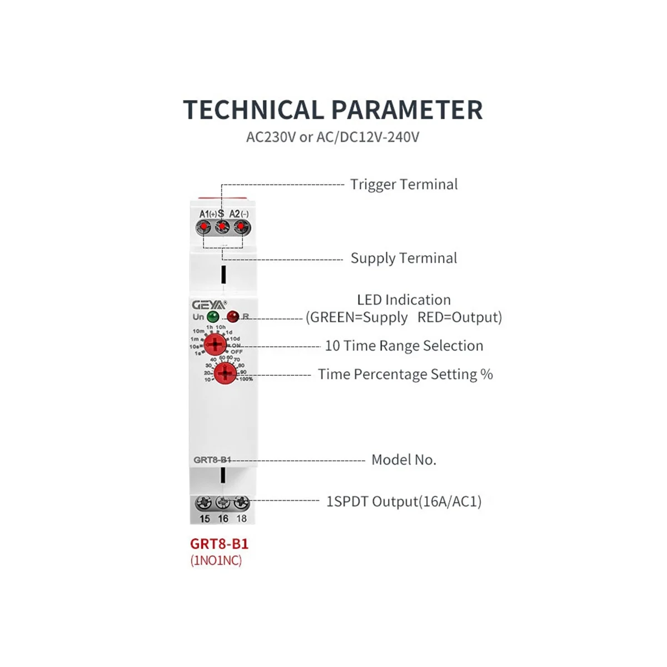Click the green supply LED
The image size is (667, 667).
tap(212, 317)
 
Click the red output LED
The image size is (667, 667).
tap(232, 317)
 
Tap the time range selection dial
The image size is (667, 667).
tap(215, 345)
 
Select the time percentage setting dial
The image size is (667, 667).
tap(225, 374)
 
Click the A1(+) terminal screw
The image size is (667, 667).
tap(204, 227)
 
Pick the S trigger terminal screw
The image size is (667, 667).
tap(222, 227)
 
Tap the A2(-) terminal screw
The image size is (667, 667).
tap(241, 227)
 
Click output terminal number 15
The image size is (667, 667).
tap(204, 504)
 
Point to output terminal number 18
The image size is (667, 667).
tap(241, 504)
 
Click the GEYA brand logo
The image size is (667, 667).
tap(208, 305)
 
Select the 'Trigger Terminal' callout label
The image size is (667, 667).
tap(404, 185)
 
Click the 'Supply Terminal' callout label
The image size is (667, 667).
tap(404, 258)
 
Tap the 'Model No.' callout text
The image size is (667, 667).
tap(404, 460)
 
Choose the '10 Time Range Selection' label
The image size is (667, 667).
tap(404, 346)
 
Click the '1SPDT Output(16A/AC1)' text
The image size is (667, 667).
tap(404, 502)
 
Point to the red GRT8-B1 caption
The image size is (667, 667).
tap(219, 544)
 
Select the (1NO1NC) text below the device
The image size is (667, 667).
tap(216, 560)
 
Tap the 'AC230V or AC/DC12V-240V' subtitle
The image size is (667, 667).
tap(333, 137)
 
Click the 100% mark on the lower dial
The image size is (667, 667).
tap(246, 379)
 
